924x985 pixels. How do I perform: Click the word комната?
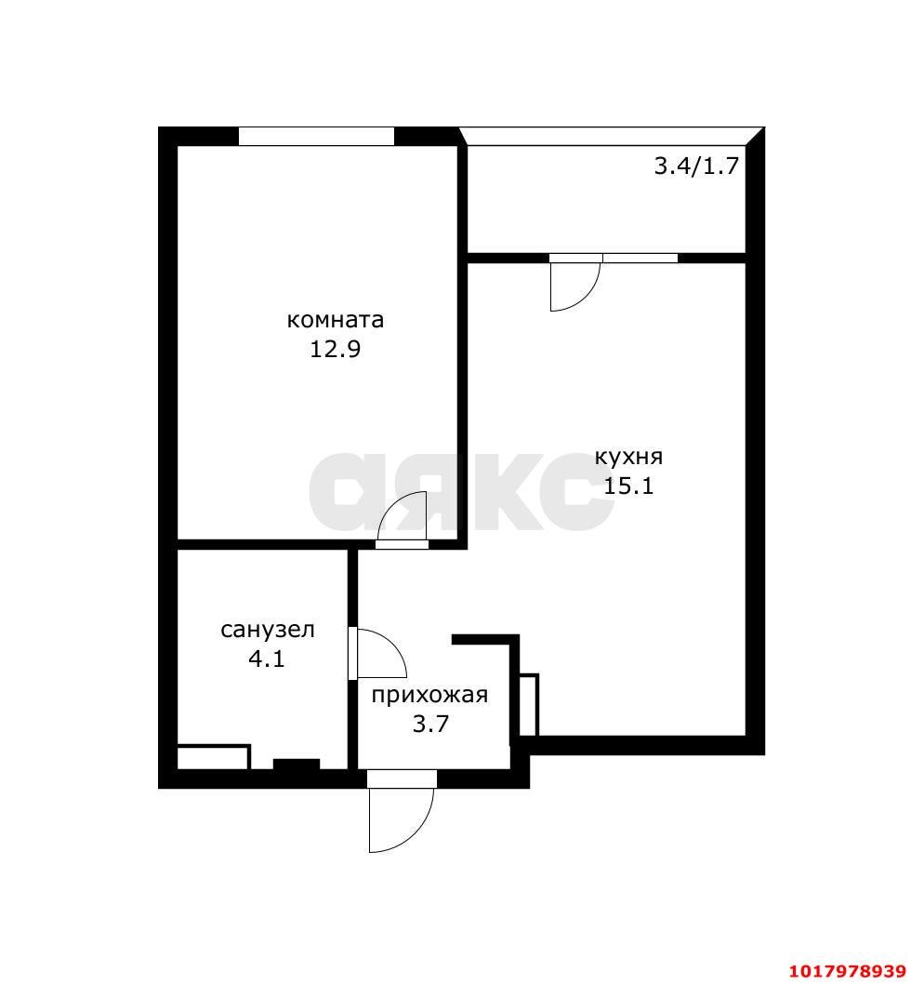click(336, 320)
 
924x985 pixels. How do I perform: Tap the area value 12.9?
click(336, 349)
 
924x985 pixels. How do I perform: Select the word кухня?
click(628, 458)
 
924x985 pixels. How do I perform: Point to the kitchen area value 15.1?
click(628, 486)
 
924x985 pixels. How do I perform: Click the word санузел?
click(268, 630)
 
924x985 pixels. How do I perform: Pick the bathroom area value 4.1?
click(267, 659)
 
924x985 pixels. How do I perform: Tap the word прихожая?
click(430, 696)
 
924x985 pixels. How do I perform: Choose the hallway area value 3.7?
click(430, 724)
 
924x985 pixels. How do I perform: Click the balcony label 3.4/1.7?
click(696, 166)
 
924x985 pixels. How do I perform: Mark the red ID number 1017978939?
click(848, 970)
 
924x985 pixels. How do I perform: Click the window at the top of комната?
click(316, 137)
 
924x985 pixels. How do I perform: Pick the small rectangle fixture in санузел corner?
click(214, 757)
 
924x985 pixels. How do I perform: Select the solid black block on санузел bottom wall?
click(297, 765)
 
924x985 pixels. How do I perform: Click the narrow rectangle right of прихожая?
click(529, 705)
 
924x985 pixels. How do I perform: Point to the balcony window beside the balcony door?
click(640, 259)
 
